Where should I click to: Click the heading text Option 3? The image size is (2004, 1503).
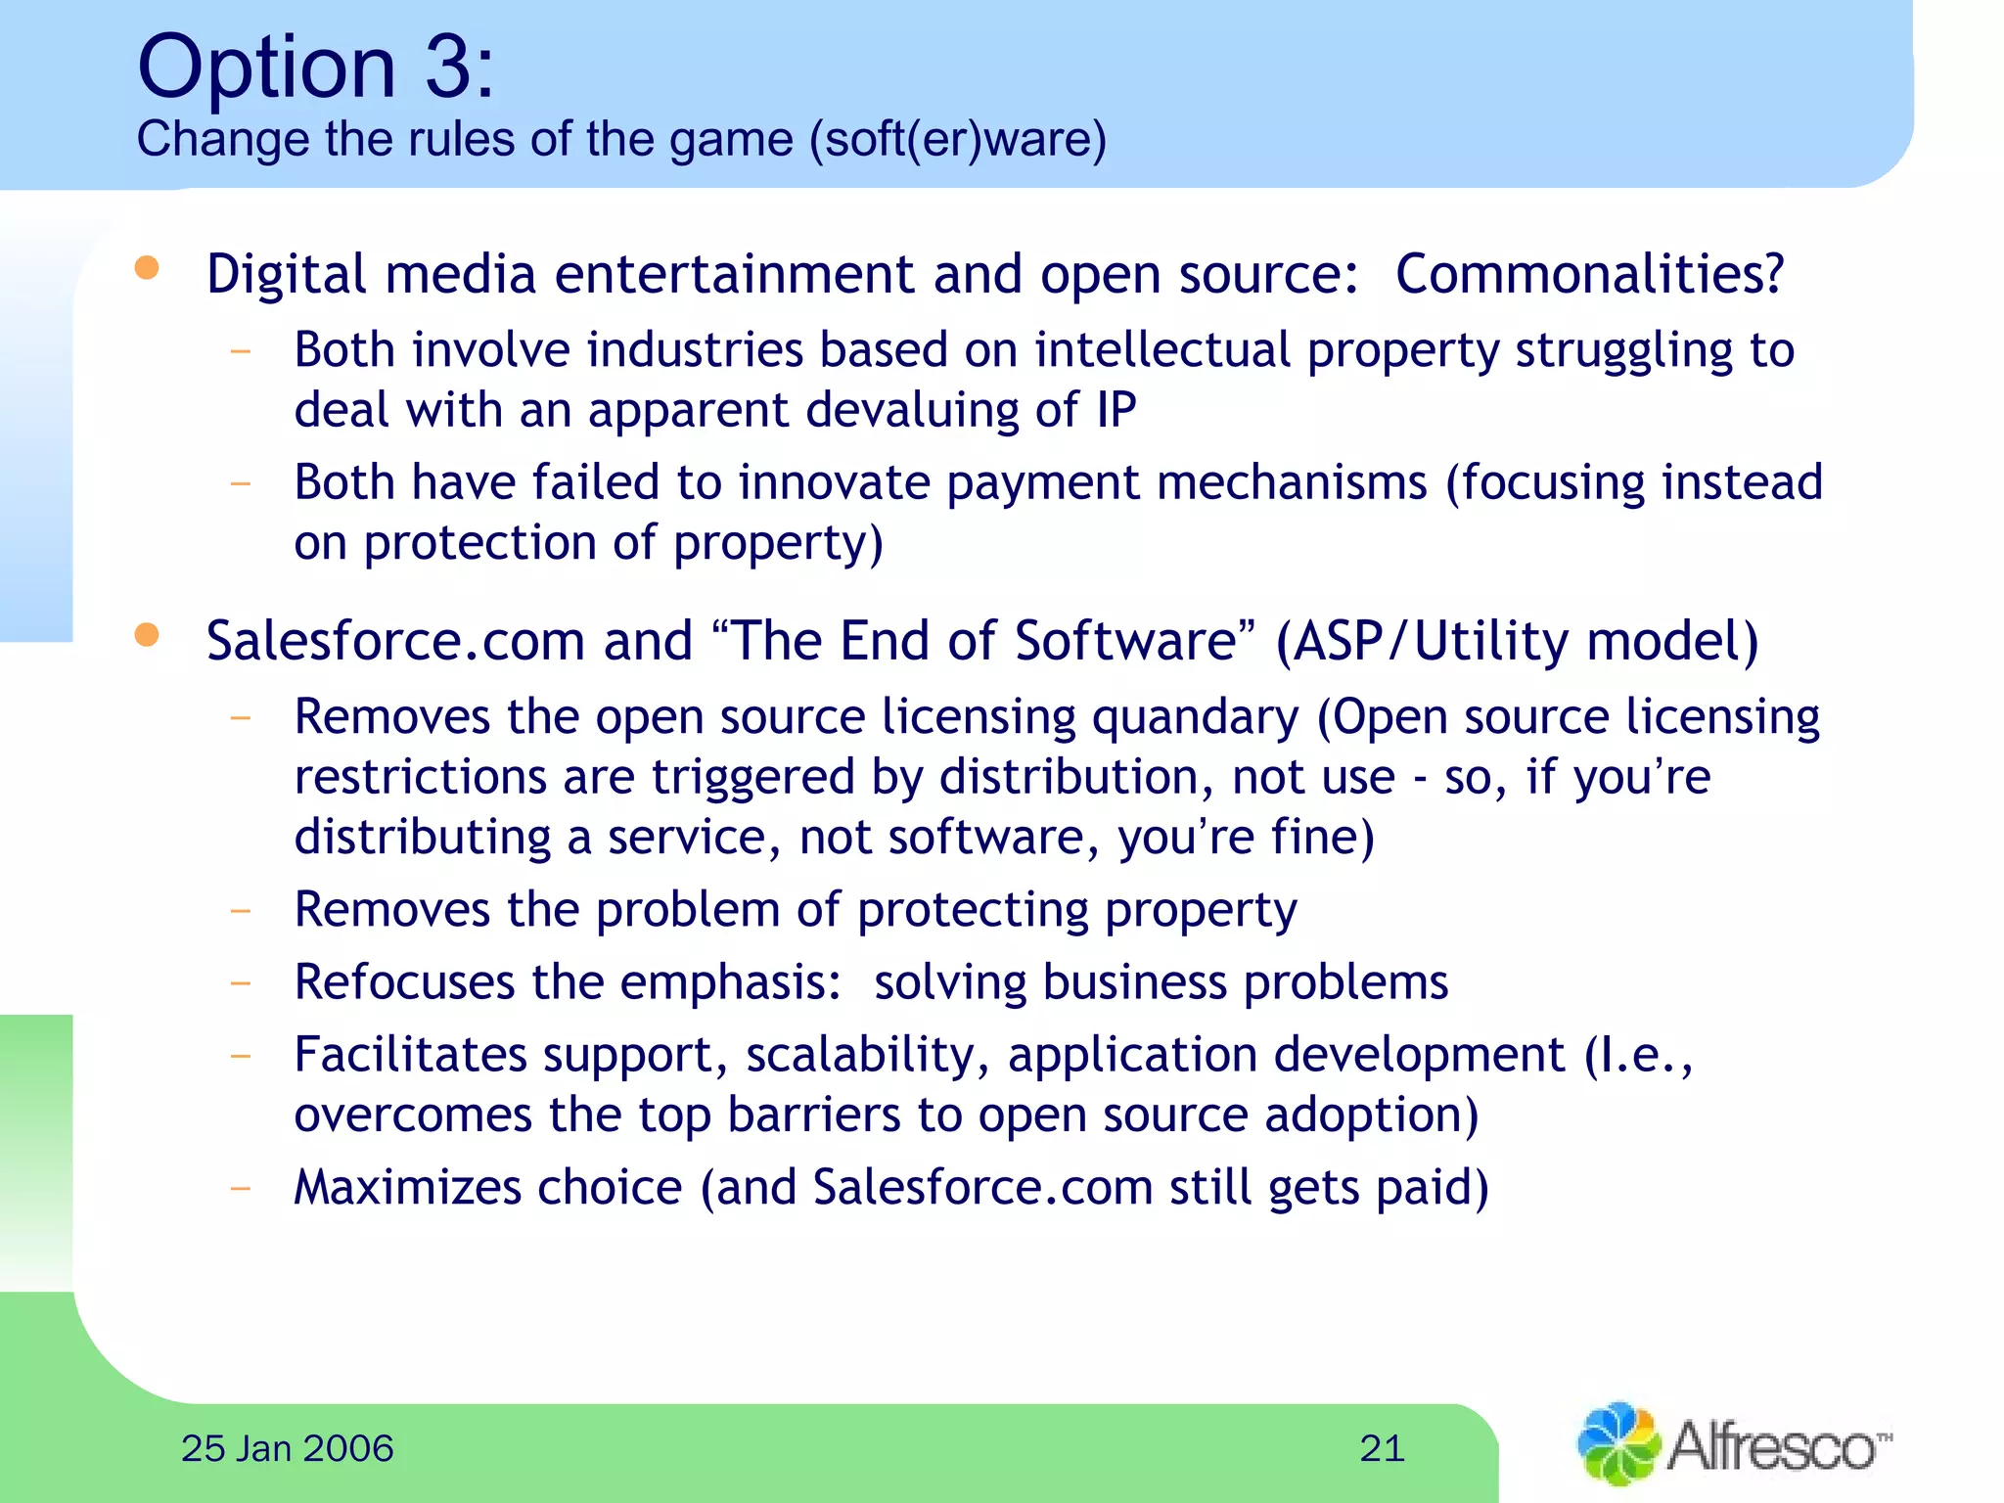tap(315, 67)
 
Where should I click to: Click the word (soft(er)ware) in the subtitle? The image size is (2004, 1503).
tap(957, 139)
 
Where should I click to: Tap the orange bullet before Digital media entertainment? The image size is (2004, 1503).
tap(147, 268)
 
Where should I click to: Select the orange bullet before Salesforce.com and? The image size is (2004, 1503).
tap(147, 635)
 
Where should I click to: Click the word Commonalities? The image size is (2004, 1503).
tap(1589, 274)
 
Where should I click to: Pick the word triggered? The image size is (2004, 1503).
tap(753, 778)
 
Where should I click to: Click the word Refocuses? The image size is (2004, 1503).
tap(404, 981)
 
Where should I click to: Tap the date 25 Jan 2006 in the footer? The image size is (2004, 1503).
tap(287, 1448)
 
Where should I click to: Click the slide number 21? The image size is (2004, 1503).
tap(1382, 1448)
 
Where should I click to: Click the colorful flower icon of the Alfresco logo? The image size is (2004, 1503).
tap(1617, 1443)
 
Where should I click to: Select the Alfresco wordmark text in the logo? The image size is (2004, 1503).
tap(1773, 1445)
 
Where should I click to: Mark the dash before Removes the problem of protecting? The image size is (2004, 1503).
tap(240, 911)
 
